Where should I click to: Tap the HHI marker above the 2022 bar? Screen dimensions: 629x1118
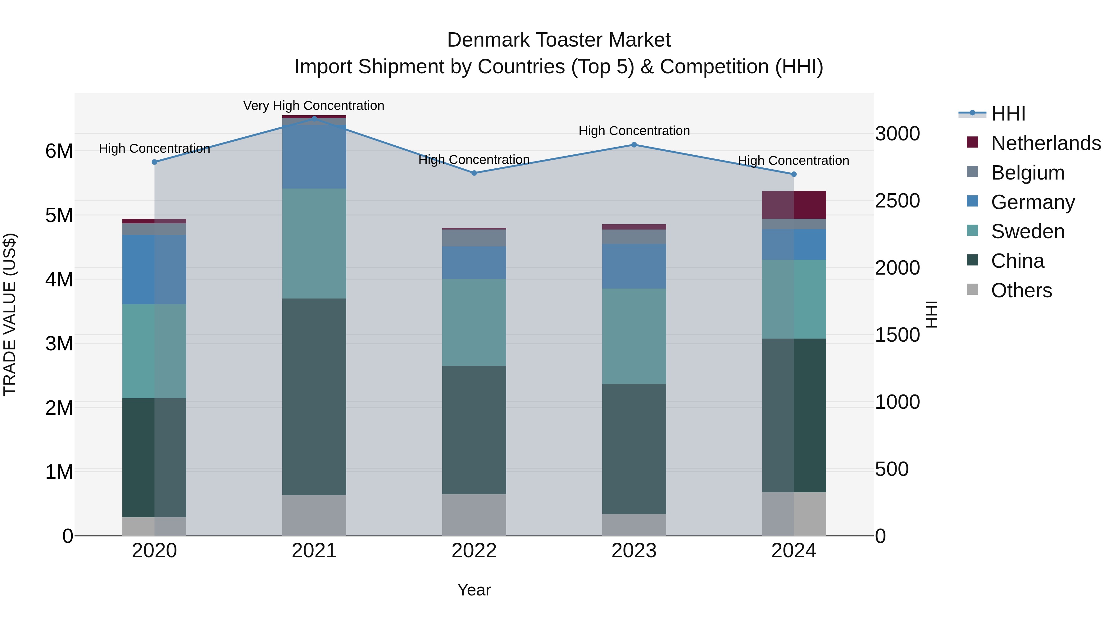[x=474, y=173]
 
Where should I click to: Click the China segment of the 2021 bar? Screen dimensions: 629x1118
[x=314, y=396]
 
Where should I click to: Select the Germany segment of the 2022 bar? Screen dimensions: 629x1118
[x=474, y=262]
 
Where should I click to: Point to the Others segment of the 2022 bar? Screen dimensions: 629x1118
[x=474, y=514]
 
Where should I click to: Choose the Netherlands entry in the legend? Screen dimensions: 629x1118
[x=1046, y=143]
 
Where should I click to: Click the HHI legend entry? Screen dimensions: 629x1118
[x=1008, y=114]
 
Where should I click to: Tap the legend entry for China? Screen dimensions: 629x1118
[x=1017, y=261]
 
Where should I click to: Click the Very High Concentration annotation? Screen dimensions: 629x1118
[x=313, y=106]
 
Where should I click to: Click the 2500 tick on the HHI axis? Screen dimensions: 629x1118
[x=897, y=201]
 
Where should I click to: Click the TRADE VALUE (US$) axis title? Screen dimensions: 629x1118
[x=10, y=314]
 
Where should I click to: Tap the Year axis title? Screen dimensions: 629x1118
[x=474, y=590]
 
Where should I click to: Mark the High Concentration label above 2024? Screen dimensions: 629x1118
[x=793, y=161]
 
